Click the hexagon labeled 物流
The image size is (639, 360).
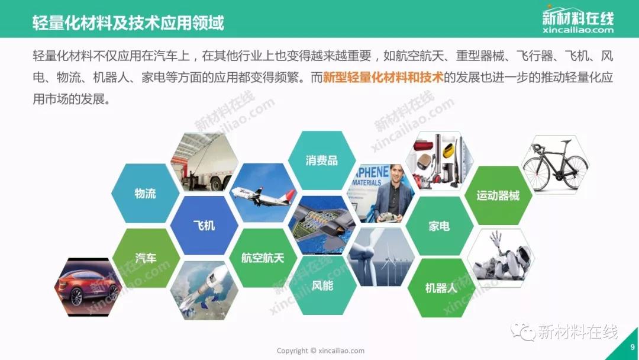[x=146, y=193]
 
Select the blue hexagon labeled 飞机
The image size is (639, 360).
[x=204, y=226]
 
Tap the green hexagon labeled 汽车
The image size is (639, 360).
[x=146, y=258]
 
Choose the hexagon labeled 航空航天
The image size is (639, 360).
[x=263, y=258]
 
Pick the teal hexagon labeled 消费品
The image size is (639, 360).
[x=322, y=160]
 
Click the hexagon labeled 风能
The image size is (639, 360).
[x=322, y=285]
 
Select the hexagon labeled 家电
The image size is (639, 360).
[x=440, y=226]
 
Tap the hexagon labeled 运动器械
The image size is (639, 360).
[x=498, y=195]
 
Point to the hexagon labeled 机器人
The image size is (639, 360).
[x=441, y=288]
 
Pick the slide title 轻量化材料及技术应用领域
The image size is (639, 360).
[x=128, y=23]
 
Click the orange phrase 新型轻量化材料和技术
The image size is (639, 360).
[x=383, y=78]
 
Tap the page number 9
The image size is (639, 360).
[x=632, y=348]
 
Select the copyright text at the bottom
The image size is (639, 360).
[x=321, y=351]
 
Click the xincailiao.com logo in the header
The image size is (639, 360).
[x=578, y=19]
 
